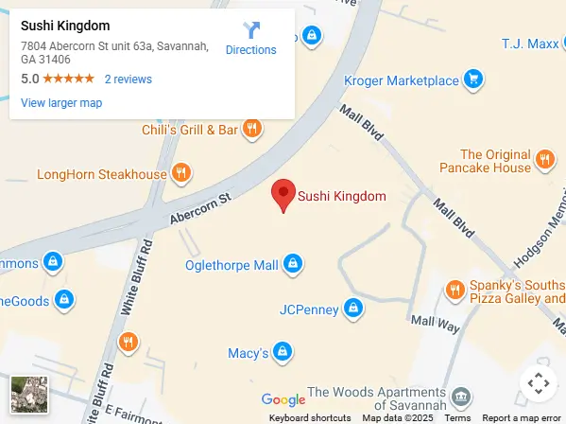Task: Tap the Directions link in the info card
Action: pyautogui.click(x=250, y=39)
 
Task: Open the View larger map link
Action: pyautogui.click(x=61, y=103)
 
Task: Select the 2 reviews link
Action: pyautogui.click(x=128, y=79)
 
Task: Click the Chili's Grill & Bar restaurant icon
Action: pyautogui.click(x=251, y=129)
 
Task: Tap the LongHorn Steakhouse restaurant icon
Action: pyautogui.click(x=181, y=173)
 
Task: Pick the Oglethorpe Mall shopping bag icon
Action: pyautogui.click(x=293, y=264)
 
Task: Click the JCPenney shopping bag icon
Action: pyautogui.click(x=352, y=309)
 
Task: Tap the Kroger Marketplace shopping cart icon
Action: pyautogui.click(x=475, y=79)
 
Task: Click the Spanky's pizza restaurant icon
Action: pyautogui.click(x=455, y=290)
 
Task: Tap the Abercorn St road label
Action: pyautogui.click(x=200, y=210)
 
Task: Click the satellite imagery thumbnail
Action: pyautogui.click(x=28, y=395)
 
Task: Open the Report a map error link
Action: pyautogui.click(x=521, y=418)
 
